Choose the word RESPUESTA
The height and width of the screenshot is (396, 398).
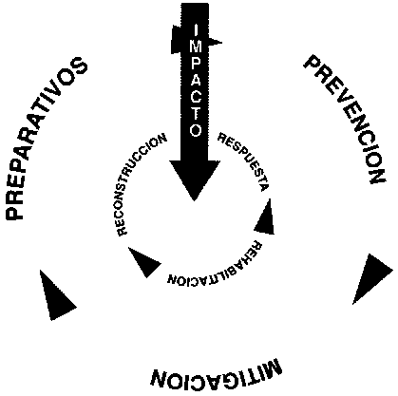tap(245, 160)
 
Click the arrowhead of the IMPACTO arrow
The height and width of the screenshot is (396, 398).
tap(195, 179)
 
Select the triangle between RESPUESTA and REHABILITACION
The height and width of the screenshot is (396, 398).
tap(265, 219)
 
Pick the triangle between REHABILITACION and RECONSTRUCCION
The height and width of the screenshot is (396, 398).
tap(143, 261)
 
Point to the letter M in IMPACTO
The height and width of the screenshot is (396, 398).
tap(196, 47)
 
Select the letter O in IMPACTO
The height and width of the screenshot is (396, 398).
tap(196, 130)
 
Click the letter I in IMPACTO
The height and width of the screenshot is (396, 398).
tap(196, 30)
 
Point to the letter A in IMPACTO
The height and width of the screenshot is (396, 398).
tap(196, 81)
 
